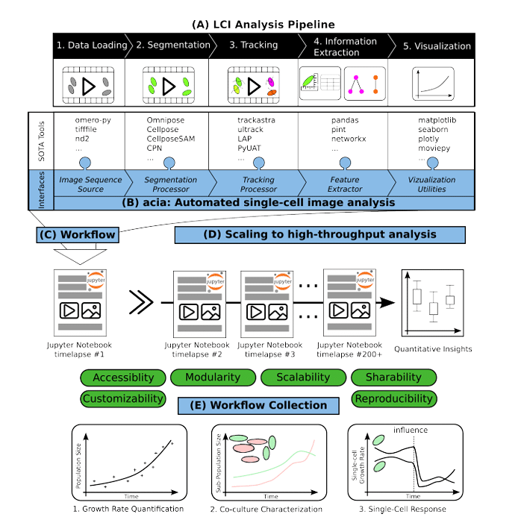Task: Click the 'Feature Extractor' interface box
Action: tap(345, 184)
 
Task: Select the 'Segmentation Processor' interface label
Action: tap(171, 184)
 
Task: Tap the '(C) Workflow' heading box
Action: tap(78, 235)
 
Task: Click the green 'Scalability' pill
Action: tap(303, 378)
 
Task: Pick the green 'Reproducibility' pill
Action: tap(393, 398)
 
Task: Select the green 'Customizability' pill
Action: tap(122, 398)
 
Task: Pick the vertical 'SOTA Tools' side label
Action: tap(43, 142)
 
